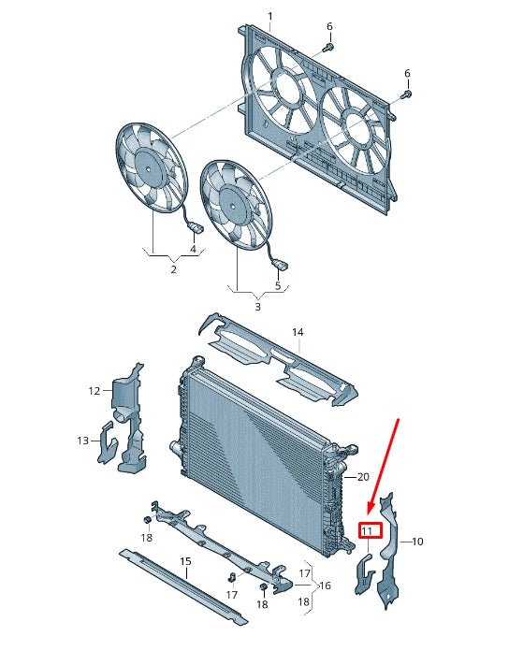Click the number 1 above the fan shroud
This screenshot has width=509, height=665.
point(270,17)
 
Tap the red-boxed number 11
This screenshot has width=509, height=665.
point(367,531)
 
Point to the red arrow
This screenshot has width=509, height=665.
point(384,465)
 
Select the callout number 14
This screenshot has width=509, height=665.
point(298,332)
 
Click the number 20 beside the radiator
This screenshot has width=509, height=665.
point(363,477)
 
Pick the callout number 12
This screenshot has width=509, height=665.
point(95,391)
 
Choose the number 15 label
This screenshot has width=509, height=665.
point(185,561)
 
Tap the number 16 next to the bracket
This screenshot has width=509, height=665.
point(325,585)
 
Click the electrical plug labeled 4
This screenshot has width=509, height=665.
point(197,228)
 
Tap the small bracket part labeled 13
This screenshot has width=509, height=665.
point(105,443)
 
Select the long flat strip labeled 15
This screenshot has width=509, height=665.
point(182,587)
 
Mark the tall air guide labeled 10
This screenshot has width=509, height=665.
point(389,551)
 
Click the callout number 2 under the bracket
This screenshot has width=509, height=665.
point(173,269)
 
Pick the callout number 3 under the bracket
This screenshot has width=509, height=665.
point(258,306)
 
